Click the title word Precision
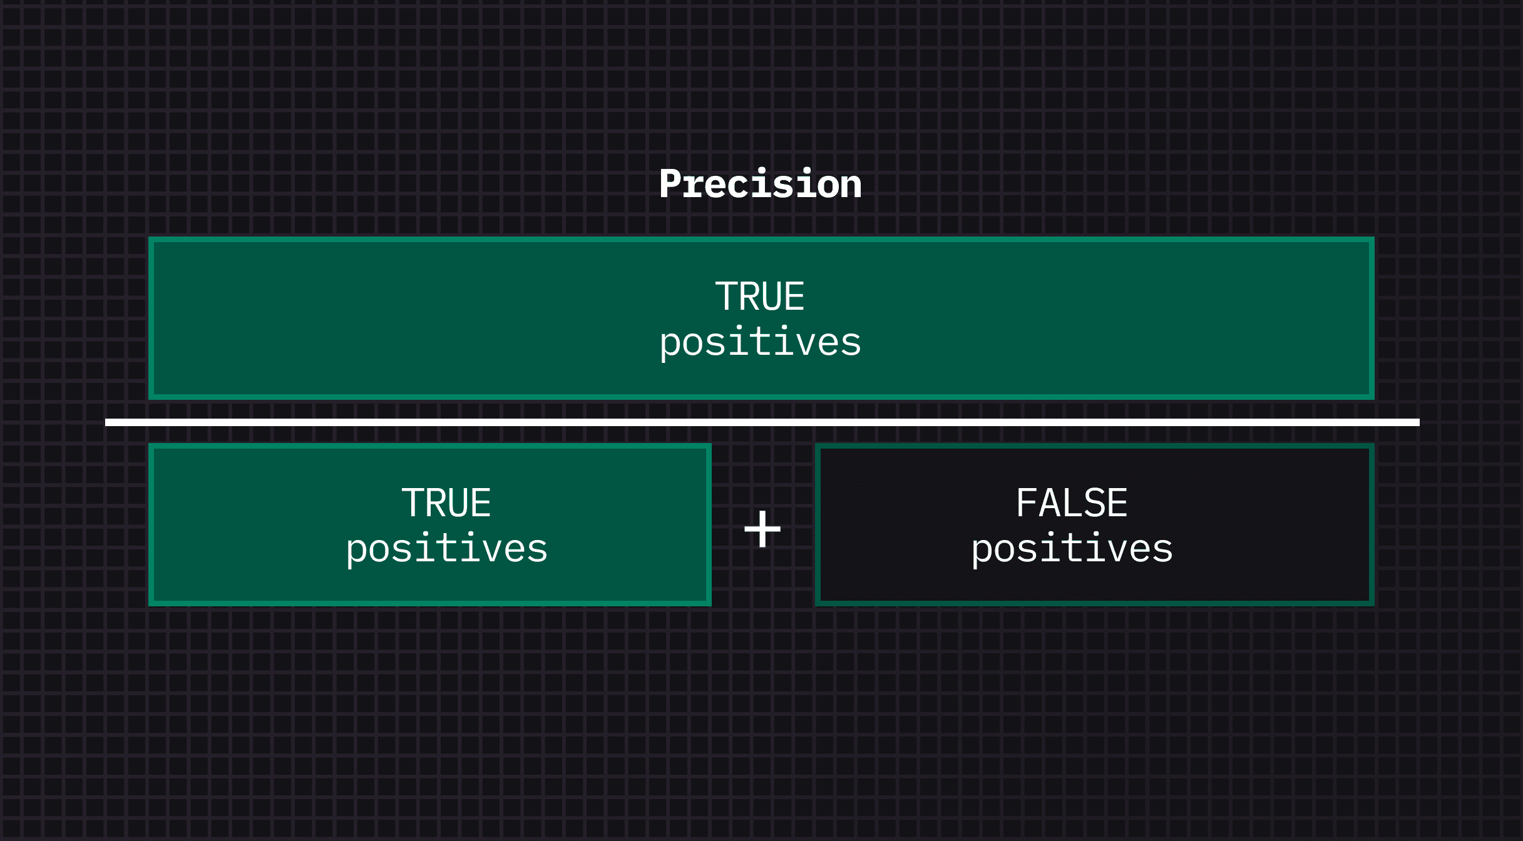point(761,184)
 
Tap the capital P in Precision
point(670,184)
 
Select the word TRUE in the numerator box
point(760,297)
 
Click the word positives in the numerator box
point(761,343)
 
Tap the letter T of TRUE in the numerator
point(726,297)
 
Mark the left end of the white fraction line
point(106,422)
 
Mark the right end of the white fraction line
point(1419,422)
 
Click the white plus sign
point(762,529)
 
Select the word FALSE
point(1072,503)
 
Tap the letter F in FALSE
point(1027,503)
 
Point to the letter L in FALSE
point(1072,503)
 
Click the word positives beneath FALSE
point(1072,549)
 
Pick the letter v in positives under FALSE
point(1117,552)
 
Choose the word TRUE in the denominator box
point(446,503)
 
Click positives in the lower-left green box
point(447,549)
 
